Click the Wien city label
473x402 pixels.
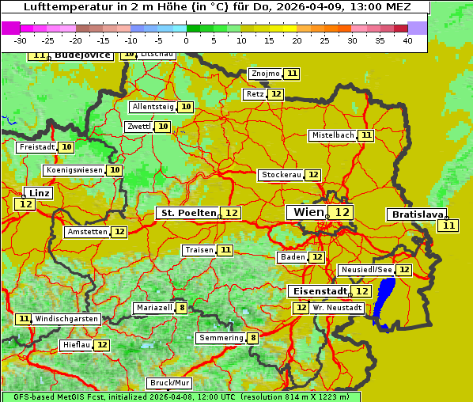point(308,212)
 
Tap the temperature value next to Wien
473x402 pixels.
point(342,212)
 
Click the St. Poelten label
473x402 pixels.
point(187,213)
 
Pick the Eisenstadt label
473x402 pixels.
point(317,291)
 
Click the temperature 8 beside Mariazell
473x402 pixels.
point(182,308)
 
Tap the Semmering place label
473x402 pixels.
point(221,338)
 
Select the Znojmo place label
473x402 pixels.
point(265,74)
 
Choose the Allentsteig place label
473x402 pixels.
point(153,107)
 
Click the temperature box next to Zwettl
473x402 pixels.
point(163,127)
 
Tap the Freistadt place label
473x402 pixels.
point(36,147)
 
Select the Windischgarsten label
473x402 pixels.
point(67,319)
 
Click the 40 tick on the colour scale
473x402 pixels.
point(407,40)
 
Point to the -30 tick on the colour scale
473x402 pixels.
point(21,40)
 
